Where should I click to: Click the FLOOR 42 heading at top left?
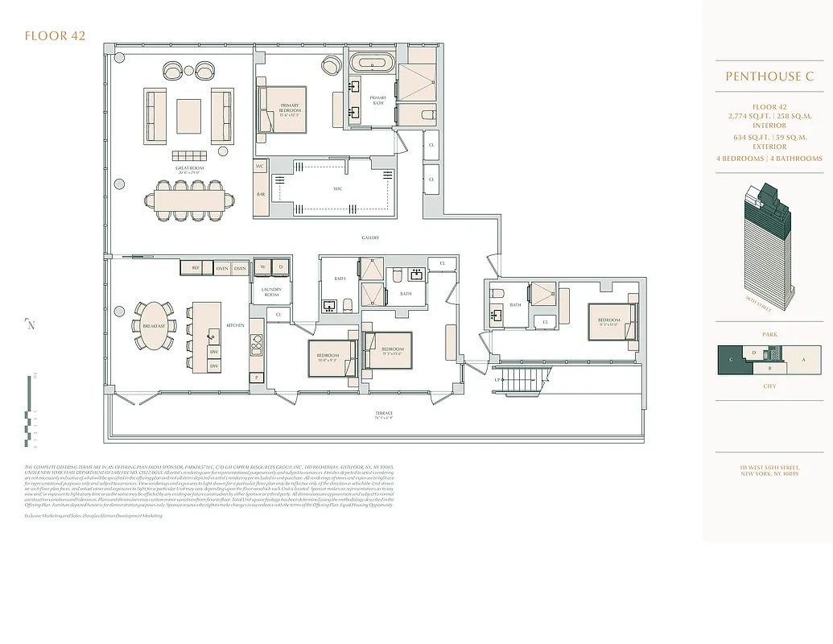(x=55, y=35)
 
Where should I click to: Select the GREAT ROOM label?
(x=191, y=168)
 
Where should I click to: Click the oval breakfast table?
(x=153, y=326)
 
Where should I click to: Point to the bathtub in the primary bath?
(x=371, y=64)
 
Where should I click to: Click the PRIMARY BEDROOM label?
(x=290, y=109)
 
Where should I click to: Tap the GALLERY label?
(x=369, y=237)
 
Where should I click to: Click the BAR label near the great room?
(x=261, y=194)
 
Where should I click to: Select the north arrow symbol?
(x=31, y=324)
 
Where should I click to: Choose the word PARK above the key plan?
(x=769, y=333)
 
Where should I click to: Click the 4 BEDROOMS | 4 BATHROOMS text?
(x=769, y=159)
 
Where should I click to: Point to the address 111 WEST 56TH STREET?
(x=769, y=468)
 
